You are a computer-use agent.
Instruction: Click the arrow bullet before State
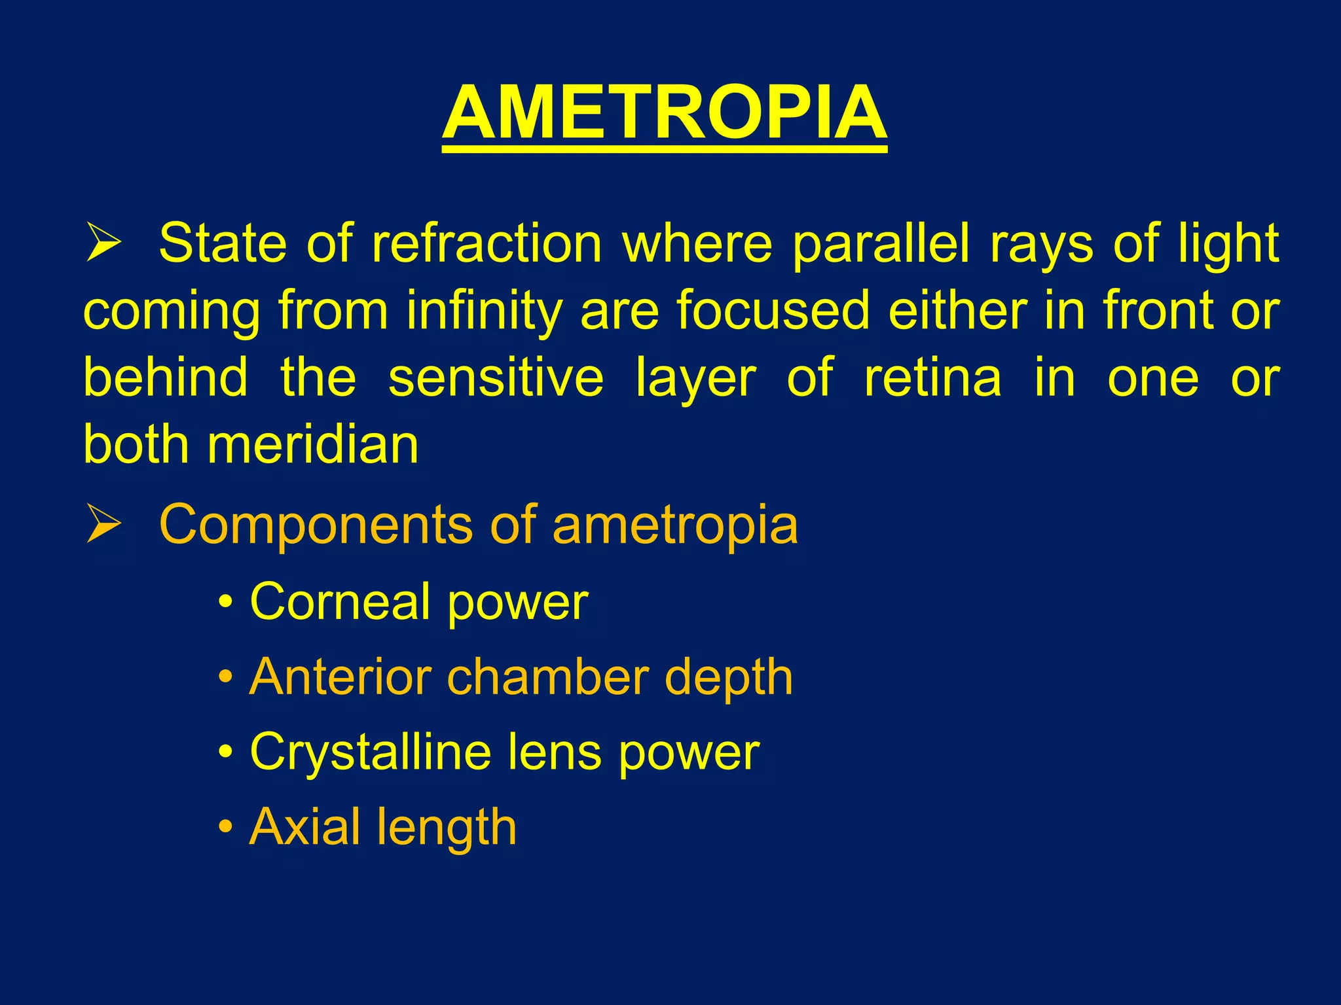[103, 242]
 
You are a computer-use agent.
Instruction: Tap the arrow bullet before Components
[103, 524]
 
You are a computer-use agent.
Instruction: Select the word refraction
[486, 243]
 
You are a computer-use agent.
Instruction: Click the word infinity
[483, 311]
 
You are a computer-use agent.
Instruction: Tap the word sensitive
[496, 378]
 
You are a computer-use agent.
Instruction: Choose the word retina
[932, 378]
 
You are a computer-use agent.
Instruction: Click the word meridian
[312, 445]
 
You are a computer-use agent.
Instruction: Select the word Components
[316, 525]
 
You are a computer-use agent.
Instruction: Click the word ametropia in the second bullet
[675, 525]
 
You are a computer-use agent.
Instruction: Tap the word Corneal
[340, 601]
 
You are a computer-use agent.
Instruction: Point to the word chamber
[547, 677]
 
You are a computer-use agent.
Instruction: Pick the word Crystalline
[370, 753]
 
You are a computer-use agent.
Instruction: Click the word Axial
[304, 827]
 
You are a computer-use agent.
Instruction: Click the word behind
[166, 378]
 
